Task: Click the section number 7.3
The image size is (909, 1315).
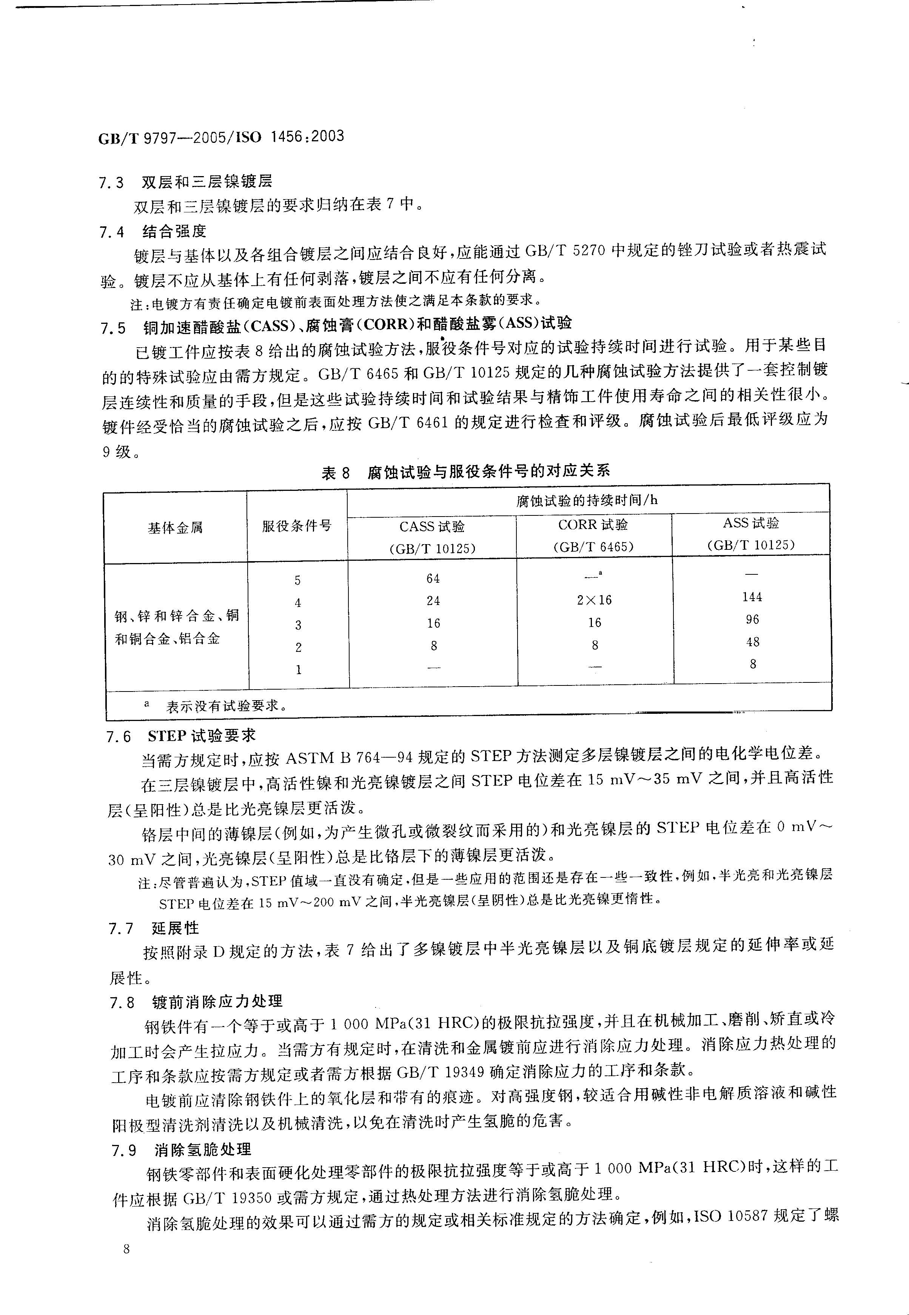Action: click(112, 183)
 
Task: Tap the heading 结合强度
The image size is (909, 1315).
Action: click(174, 231)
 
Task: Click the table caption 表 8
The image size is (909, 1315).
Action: click(336, 473)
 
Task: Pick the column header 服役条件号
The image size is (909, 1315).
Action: click(296, 526)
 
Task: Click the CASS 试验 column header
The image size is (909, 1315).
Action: click(432, 526)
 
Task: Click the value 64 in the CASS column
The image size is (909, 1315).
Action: click(433, 579)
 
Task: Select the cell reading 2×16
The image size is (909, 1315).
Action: click(594, 600)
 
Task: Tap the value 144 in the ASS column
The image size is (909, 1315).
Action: click(752, 597)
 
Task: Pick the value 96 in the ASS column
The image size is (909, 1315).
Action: click(752, 619)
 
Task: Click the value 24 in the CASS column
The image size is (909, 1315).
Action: click(433, 601)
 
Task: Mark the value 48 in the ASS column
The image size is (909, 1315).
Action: click(752, 642)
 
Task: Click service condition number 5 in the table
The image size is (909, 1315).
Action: click(297, 580)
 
